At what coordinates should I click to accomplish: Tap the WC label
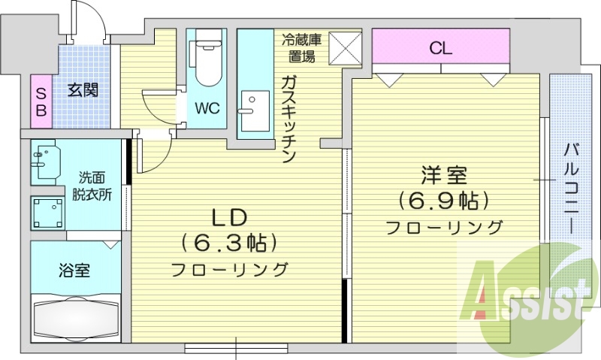click(207, 108)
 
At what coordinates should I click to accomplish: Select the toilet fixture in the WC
click(207, 60)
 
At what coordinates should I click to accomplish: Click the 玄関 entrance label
click(83, 90)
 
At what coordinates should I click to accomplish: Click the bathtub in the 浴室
click(76, 319)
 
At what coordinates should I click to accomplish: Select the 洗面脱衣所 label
click(92, 186)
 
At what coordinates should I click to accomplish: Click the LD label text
click(229, 217)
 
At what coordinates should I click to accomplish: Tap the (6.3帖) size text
click(229, 242)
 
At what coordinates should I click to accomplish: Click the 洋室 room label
click(444, 177)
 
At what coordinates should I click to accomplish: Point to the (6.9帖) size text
click(444, 201)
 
